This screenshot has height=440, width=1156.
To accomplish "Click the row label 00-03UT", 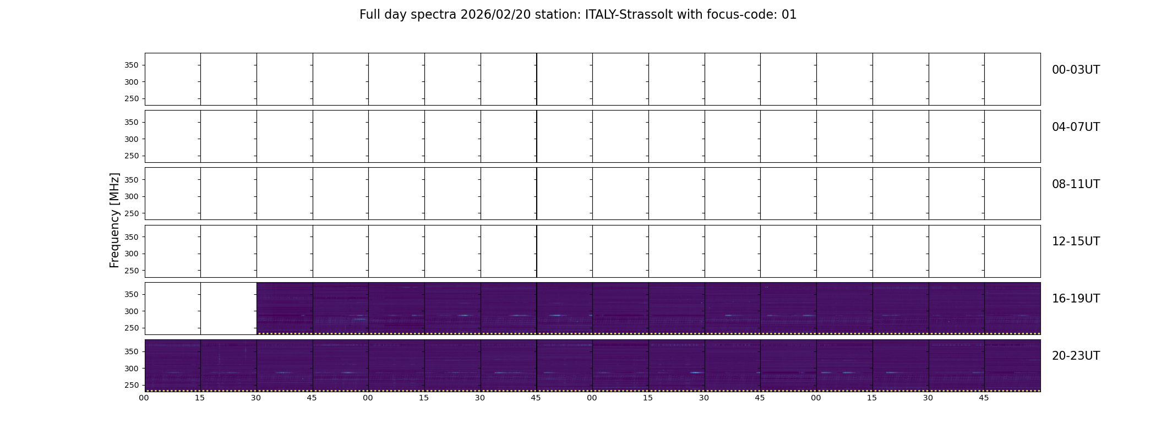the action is [x=1076, y=70].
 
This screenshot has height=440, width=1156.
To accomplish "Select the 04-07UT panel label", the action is [x=1076, y=127].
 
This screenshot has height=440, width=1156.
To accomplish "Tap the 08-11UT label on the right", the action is [x=1076, y=184].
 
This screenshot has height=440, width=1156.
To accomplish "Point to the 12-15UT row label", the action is [x=1076, y=241].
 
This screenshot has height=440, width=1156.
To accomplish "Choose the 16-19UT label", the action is [x=1076, y=299].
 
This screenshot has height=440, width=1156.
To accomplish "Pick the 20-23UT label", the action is [x=1076, y=356].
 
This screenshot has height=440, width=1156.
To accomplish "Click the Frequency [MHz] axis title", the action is [x=114, y=220].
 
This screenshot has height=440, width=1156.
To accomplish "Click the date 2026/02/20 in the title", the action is [x=495, y=15].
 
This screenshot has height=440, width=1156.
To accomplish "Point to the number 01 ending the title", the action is [x=789, y=15].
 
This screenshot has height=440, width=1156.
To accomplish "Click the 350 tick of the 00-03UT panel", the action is [x=131, y=65].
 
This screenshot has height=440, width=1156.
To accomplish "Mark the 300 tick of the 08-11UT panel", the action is [x=131, y=196].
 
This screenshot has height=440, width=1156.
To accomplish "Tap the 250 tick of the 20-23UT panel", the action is [x=131, y=385].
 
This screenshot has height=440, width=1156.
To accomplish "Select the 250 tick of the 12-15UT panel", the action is [x=131, y=271].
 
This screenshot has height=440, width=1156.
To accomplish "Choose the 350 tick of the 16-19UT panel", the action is [x=131, y=294].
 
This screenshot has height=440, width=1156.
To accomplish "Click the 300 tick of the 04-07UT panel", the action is [x=131, y=139].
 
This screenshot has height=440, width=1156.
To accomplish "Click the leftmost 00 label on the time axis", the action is [x=144, y=398].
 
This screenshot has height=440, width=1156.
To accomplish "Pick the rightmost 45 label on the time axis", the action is [x=984, y=398].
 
